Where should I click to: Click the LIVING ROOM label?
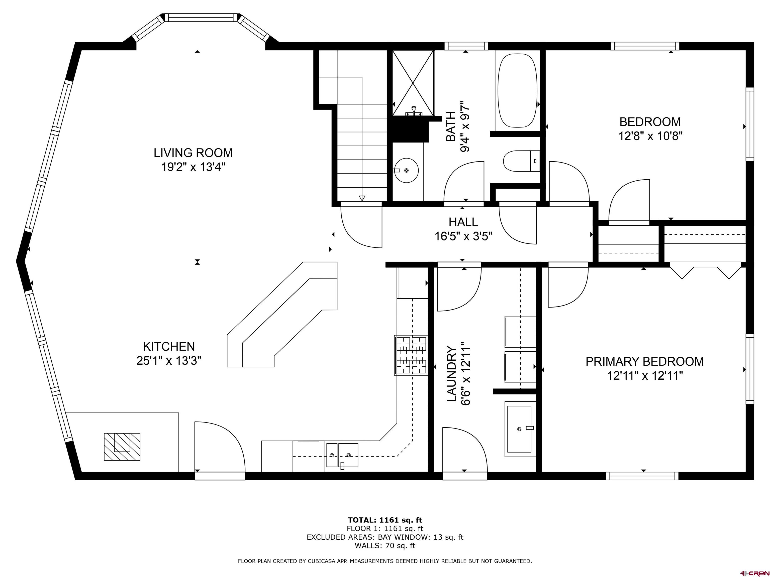(193, 153)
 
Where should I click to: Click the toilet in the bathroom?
(521, 161)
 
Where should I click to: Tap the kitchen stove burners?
(411, 355)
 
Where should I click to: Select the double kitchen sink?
(342, 455)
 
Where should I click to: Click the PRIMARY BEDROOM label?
(644, 362)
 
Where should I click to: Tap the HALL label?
(463, 222)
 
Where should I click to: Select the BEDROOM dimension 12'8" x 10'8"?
(650, 136)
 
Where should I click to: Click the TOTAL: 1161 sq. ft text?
(385, 520)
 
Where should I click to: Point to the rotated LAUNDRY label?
(451, 374)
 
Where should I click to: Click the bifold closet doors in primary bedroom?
(706, 272)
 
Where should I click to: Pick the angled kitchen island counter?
(282, 314)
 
